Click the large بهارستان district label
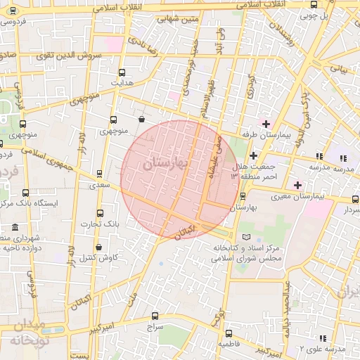coord(166,163)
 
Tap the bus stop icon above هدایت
coord(122,72)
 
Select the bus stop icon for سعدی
coord(98,173)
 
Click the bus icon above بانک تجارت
coord(98,213)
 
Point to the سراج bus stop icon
coord(155,316)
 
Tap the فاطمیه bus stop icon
coord(228,333)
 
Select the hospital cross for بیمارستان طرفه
coord(266,123)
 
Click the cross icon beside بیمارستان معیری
coord(299,185)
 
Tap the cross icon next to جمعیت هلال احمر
coord(253,155)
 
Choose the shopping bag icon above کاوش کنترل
coord(98,247)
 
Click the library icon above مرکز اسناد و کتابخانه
coord(245,237)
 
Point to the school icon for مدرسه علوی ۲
coord(322,338)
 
